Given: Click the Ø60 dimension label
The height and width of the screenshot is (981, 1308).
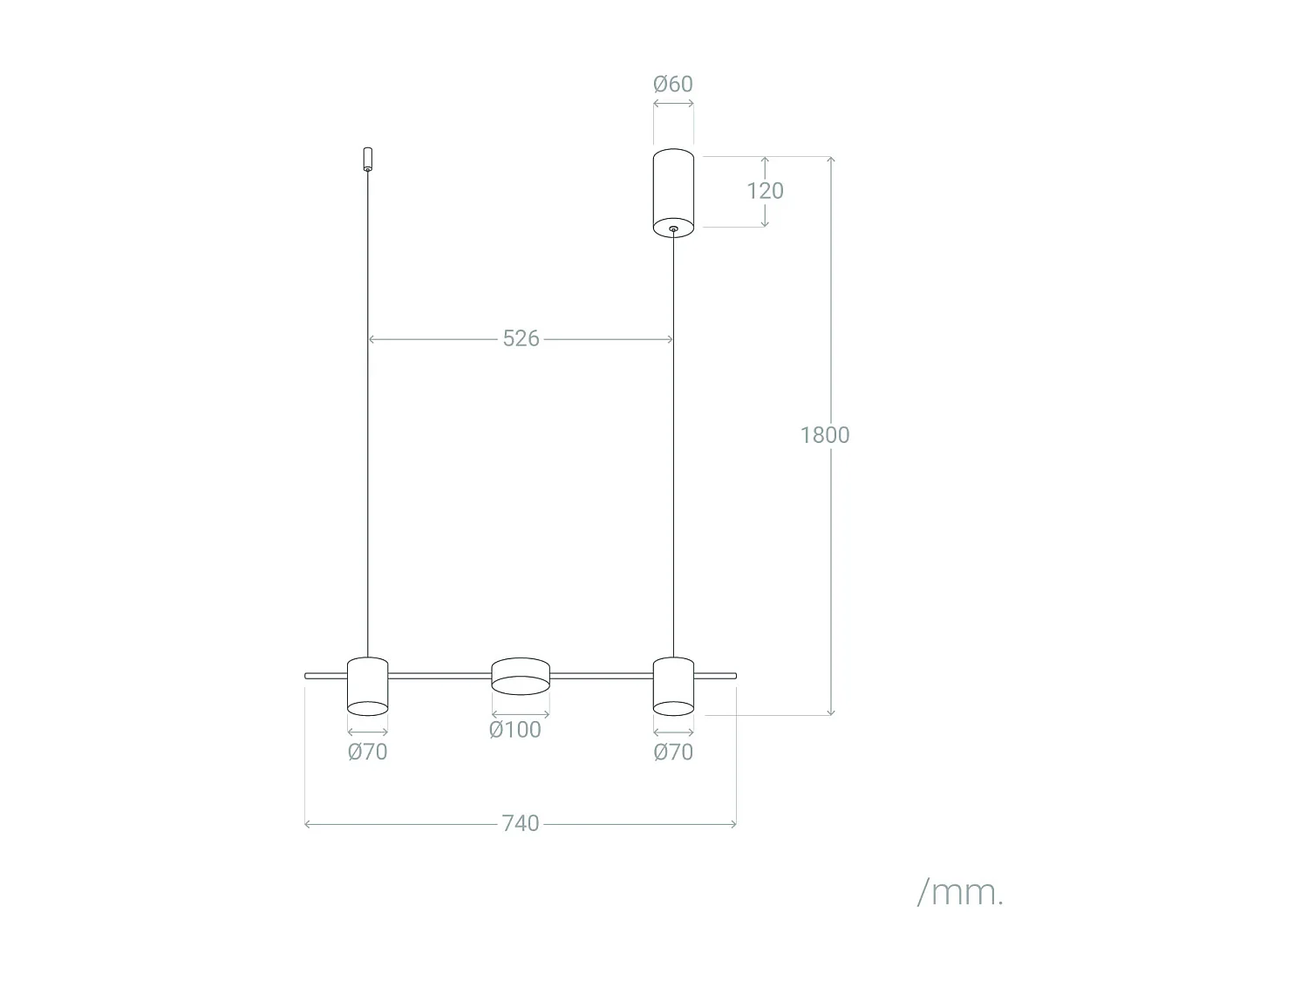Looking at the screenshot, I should tap(673, 84).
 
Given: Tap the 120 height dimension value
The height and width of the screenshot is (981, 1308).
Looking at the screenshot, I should tap(765, 191).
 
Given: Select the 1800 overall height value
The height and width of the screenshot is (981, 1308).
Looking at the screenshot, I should tap(824, 435).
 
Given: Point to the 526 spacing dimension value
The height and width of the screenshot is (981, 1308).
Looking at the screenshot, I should tap(521, 338).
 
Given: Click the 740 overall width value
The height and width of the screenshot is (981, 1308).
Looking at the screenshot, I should tap(520, 823).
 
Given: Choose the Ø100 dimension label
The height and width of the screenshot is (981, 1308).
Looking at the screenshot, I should tap(514, 730).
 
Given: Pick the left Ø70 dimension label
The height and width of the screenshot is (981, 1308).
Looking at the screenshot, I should tap(367, 752).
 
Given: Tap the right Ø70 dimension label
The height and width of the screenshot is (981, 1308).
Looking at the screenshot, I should tap(673, 752).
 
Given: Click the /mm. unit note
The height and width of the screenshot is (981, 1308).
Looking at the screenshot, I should tap(960, 892).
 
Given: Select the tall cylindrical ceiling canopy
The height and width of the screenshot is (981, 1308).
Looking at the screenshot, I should tap(673, 192).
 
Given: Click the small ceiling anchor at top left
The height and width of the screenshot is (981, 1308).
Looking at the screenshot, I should tap(367, 159).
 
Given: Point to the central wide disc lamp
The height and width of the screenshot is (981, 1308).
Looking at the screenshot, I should tap(521, 676).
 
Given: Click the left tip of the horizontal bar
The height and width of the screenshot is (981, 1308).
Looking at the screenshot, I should tap(307, 676).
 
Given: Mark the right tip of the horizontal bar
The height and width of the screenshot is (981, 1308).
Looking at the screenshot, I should tap(734, 676).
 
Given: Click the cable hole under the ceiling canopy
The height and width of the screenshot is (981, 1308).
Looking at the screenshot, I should tap(673, 229).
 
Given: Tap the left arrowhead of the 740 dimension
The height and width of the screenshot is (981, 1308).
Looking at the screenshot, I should tap(307, 823).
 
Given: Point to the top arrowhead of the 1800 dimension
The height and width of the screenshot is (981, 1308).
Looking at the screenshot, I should tap(831, 160).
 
